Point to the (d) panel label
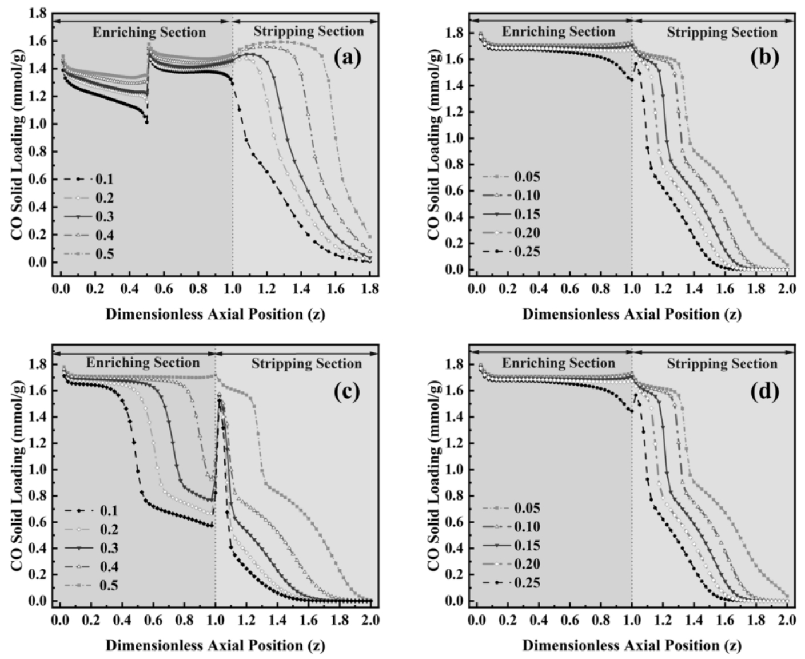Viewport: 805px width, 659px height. point(765,391)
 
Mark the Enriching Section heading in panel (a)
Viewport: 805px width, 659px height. point(149,32)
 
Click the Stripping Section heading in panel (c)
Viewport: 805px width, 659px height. point(307,363)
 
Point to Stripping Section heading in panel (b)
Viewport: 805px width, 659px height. point(722,32)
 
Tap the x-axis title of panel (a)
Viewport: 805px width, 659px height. point(215,314)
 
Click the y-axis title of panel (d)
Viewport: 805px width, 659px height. point(435,470)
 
